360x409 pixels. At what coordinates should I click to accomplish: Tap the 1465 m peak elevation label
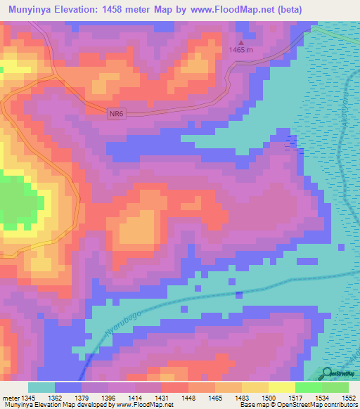pyautogui.click(x=243, y=49)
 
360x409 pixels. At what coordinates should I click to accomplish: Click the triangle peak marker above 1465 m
pyautogui.click(x=243, y=41)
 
